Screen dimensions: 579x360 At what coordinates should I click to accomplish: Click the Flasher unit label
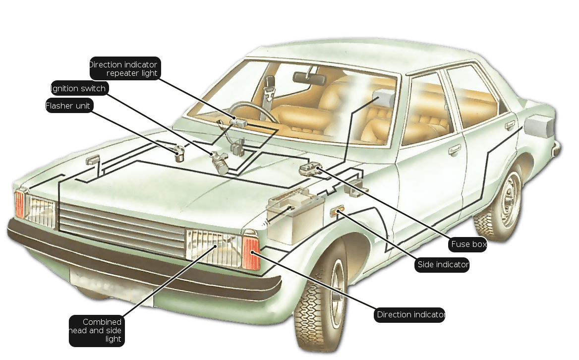click(x=69, y=106)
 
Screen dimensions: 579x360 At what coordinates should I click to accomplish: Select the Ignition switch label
click(x=79, y=88)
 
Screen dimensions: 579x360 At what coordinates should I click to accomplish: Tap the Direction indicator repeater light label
click(x=125, y=68)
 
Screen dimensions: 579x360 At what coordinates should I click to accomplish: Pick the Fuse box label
click(x=467, y=244)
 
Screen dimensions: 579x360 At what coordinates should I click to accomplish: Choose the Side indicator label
click(x=442, y=265)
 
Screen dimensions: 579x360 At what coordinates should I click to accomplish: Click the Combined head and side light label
click(x=97, y=330)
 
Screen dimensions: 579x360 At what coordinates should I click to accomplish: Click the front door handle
click(x=454, y=149)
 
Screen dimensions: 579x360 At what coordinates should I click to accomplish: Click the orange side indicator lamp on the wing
click(x=337, y=212)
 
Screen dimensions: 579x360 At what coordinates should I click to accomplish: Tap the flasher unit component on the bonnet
click(x=179, y=153)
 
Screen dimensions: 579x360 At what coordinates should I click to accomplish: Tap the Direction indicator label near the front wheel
click(x=409, y=315)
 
